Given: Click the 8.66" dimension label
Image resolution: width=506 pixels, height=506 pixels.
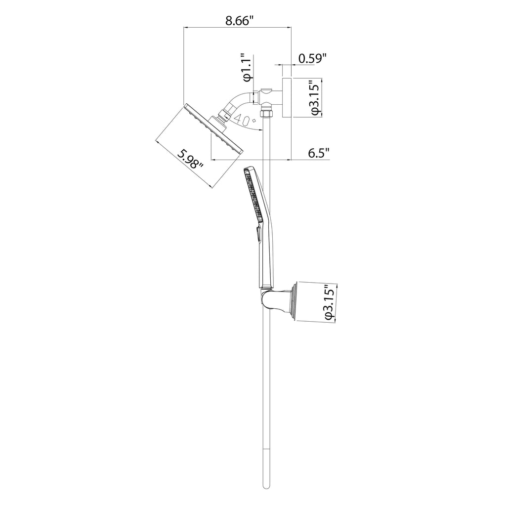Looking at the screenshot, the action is click(238, 21).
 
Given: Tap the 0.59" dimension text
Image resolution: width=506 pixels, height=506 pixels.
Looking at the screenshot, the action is click(312, 59).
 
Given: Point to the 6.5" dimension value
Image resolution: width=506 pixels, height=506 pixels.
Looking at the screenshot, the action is click(319, 153).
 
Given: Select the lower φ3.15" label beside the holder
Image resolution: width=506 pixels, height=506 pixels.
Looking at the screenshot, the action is click(331, 302).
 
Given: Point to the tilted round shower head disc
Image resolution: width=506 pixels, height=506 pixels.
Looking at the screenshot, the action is click(213, 128).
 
